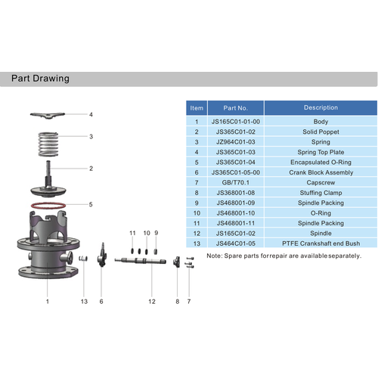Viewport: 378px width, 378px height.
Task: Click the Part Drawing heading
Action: pyautogui.click(x=41, y=79)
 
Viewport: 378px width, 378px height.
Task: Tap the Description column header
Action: pyautogui.click(x=321, y=107)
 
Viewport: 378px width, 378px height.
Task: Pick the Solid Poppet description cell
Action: pyautogui.click(x=321, y=132)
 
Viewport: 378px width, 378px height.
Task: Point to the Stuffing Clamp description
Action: pyautogui.click(x=321, y=193)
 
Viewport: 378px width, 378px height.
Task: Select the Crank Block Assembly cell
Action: pyautogui.click(x=321, y=172)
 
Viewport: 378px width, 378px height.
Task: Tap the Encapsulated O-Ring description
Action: pyautogui.click(x=321, y=163)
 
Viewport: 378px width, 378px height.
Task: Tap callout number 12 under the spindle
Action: pyautogui.click(x=152, y=301)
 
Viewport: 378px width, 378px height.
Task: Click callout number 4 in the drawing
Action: pyautogui.click(x=91, y=116)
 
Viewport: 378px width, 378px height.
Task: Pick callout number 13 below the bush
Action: pyautogui.click(x=85, y=301)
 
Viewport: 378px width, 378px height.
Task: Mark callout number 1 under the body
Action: pyautogui.click(x=47, y=301)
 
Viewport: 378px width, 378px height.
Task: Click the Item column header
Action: pyautogui.click(x=197, y=108)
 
